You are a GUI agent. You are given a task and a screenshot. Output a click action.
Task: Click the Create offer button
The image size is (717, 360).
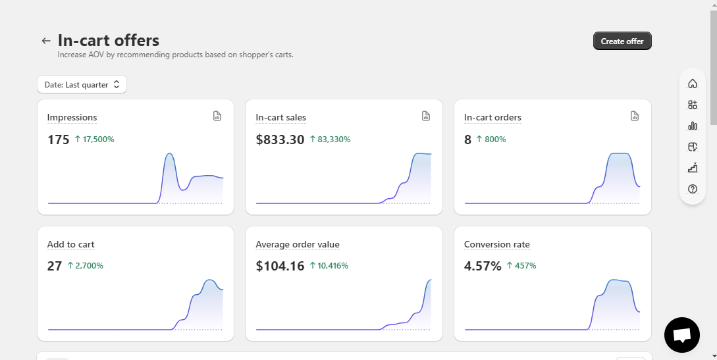click(x=622, y=41)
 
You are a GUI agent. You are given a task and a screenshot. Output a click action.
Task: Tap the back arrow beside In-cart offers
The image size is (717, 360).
click(x=45, y=41)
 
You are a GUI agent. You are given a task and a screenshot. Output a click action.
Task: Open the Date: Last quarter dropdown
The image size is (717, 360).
click(x=82, y=84)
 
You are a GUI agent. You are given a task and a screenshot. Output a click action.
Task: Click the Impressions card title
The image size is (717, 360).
click(x=72, y=117)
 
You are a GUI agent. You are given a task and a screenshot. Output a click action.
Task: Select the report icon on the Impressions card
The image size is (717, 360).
click(x=217, y=116)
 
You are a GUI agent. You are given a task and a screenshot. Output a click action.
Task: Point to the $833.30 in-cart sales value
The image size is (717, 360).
click(x=280, y=140)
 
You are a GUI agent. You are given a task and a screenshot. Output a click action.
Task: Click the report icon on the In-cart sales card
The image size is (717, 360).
click(x=426, y=116)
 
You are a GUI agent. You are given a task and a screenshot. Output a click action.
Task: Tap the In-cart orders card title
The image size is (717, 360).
click(x=492, y=117)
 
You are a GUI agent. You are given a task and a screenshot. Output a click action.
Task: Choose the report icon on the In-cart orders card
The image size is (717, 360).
click(x=634, y=116)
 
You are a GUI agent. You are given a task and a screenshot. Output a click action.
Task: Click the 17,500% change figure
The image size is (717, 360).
click(x=95, y=140)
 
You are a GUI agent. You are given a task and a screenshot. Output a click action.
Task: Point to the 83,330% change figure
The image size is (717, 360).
click(x=330, y=140)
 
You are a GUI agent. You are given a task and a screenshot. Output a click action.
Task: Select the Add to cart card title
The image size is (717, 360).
click(x=71, y=244)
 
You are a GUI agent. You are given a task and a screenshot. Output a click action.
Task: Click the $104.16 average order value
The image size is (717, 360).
click(x=280, y=266)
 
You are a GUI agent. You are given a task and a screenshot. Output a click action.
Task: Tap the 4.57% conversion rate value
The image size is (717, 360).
click(x=483, y=266)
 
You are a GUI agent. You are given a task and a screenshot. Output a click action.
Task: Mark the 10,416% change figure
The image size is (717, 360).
click(x=329, y=265)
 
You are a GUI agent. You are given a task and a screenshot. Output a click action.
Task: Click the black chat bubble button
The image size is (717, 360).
click(x=682, y=335)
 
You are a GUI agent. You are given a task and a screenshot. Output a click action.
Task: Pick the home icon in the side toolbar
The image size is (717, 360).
click(x=693, y=83)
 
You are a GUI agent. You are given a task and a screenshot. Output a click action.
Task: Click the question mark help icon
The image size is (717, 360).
click(x=693, y=189)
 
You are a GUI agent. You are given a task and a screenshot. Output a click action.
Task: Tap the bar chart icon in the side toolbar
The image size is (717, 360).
click(x=693, y=126)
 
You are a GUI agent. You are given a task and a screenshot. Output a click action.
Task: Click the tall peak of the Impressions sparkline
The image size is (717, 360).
click(x=170, y=154)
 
